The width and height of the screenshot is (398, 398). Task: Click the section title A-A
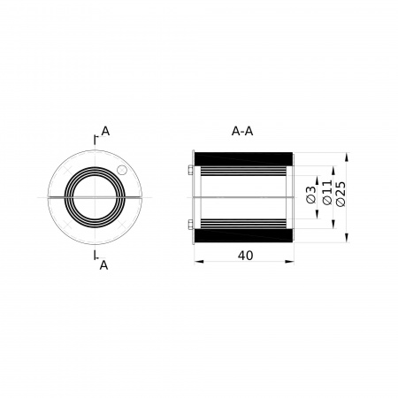[x=242, y=131]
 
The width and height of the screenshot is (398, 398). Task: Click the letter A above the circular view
[x=105, y=131]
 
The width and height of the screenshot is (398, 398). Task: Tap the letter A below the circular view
[x=103, y=265]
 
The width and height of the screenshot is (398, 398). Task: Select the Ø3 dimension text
[x=310, y=195]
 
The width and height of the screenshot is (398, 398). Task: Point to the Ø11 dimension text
[x=327, y=192]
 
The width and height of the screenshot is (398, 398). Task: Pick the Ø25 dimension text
[x=341, y=194]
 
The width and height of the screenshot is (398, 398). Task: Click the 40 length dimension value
[x=245, y=256]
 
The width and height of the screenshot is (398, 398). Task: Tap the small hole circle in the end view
[x=121, y=170]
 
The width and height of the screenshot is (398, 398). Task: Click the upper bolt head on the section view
[x=190, y=171]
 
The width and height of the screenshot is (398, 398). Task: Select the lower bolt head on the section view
[x=190, y=225]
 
